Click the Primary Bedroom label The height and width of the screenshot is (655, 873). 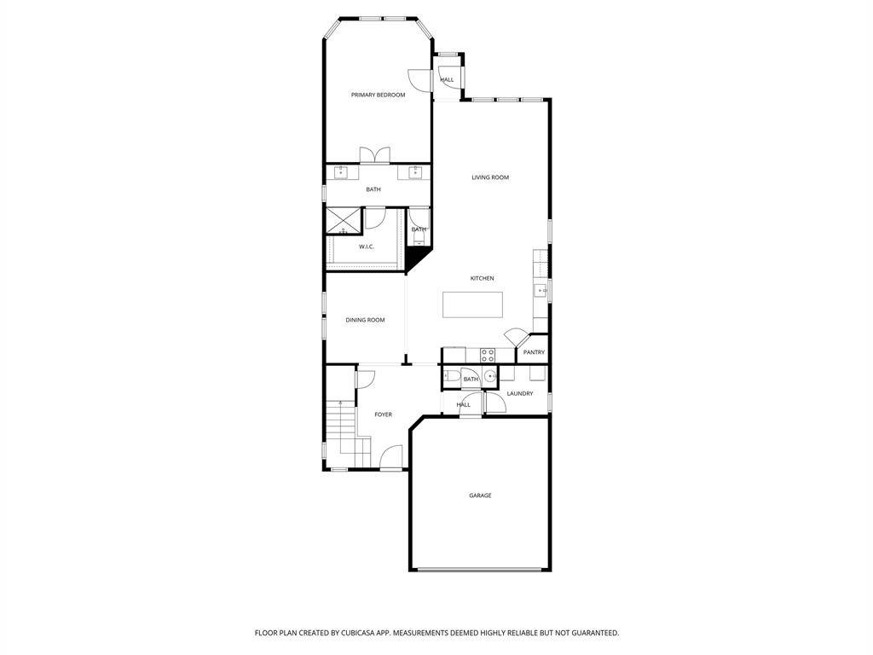378,96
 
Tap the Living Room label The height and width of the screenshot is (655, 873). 490,177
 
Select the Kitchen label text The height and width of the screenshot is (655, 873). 483,279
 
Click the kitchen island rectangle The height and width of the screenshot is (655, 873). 472,304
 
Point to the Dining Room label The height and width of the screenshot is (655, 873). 365,321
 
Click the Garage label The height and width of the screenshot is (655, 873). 480,496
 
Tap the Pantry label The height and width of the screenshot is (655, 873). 534,352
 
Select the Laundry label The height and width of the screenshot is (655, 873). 520,394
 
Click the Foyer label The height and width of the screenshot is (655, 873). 383,415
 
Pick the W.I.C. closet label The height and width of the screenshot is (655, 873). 367,246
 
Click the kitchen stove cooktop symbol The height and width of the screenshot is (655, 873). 488,356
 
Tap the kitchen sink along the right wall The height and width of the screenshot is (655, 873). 541,291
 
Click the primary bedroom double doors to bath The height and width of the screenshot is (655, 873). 375,155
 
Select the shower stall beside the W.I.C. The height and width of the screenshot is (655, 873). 344,222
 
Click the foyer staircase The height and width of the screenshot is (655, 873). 349,433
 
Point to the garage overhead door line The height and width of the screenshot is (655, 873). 480,569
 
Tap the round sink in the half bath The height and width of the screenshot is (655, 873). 490,376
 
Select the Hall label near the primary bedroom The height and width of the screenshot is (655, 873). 447,80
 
